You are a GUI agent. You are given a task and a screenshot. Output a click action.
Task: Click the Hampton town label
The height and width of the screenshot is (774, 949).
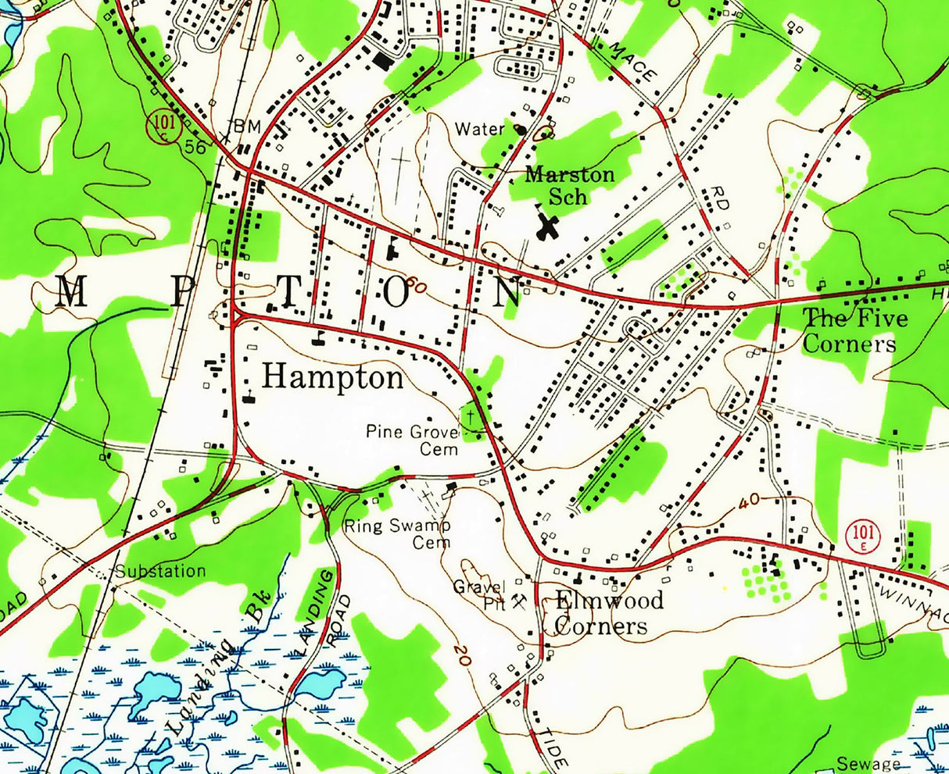pos(333,378)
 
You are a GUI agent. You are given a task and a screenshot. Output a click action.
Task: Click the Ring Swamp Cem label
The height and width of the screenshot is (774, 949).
pos(398,533)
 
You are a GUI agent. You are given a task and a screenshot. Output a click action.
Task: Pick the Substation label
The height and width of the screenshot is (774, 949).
pos(160,571)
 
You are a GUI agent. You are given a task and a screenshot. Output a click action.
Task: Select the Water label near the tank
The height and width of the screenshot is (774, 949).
pos(480,129)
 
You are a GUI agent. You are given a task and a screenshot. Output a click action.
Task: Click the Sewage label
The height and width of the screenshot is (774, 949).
pos(869,764)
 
